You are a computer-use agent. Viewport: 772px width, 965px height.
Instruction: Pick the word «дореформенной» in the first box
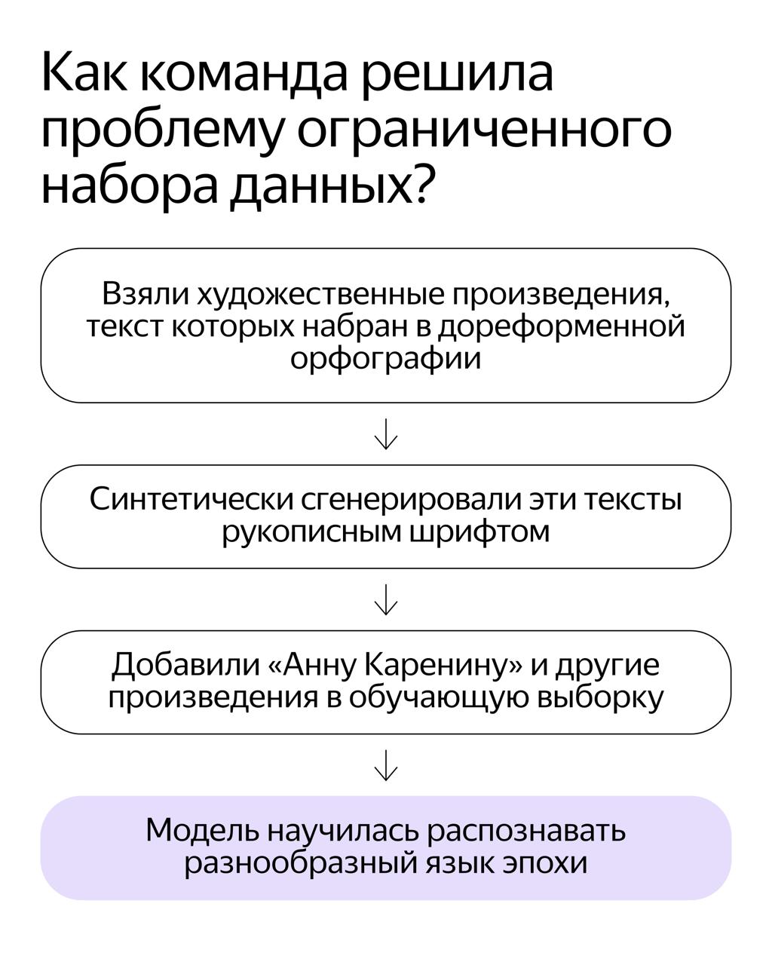click(561, 326)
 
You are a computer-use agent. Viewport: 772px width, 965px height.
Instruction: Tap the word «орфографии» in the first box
click(385, 358)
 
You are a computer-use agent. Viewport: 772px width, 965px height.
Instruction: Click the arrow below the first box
click(386, 434)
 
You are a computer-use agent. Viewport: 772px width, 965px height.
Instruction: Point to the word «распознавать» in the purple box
click(526, 832)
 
